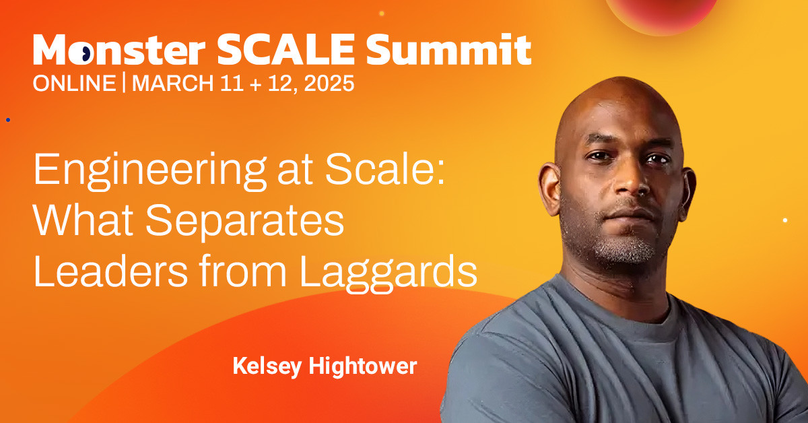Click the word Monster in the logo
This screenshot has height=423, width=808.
119,49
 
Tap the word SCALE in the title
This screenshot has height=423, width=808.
286,49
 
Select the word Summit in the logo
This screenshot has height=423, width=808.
448,49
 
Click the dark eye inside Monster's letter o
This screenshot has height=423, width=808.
83,53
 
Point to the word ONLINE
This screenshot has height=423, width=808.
74,84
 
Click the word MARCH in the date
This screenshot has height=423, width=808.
173,84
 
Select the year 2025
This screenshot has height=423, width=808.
329,84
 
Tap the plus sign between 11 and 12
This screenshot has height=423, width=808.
255,84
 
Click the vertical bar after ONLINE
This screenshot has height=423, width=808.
124,83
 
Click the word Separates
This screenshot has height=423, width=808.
244,221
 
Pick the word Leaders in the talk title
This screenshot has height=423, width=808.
110,271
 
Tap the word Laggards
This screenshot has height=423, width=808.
388,273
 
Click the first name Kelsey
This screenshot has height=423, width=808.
267,367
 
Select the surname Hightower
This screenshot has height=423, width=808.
363,367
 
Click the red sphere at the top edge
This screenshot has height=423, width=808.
661,14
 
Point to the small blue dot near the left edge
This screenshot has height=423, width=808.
8,120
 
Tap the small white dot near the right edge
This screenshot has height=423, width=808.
785,220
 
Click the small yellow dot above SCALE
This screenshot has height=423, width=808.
382,13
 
